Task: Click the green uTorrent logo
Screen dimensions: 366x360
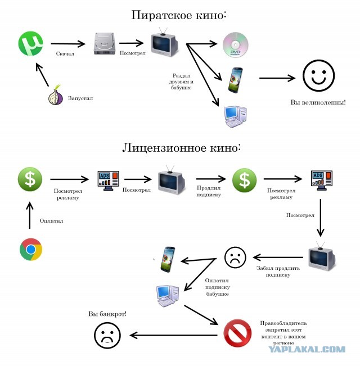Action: pyautogui.click(x=31, y=43)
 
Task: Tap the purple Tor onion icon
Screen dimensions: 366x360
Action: pyautogui.click(x=55, y=97)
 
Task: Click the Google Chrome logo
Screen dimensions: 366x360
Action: pyautogui.click(x=31, y=250)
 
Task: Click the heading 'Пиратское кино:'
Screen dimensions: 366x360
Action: pyautogui.click(x=179, y=15)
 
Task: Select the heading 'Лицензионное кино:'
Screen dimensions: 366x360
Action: pyautogui.click(x=182, y=148)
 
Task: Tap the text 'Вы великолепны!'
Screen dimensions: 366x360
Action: pyautogui.click(x=318, y=103)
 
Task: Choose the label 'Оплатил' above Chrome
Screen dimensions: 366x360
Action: pyautogui.click(x=51, y=220)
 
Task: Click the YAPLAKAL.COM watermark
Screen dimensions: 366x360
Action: pyautogui.click(x=307, y=350)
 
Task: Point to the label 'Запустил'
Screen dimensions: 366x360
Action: pyautogui.click(x=80, y=98)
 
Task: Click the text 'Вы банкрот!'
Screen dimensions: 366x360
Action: pyautogui.click(x=107, y=313)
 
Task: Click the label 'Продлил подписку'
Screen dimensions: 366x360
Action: pyautogui.click(x=208, y=191)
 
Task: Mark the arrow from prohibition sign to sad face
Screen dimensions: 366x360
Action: pyautogui.click(x=174, y=336)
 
